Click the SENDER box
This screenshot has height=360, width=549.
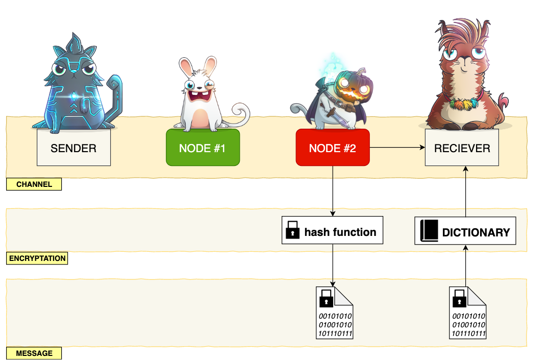tap(73, 148)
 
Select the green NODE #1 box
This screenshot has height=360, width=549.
tap(203, 148)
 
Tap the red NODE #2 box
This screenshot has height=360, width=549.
tap(333, 148)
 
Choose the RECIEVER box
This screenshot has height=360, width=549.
tap(462, 148)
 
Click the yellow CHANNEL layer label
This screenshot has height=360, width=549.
tap(34, 184)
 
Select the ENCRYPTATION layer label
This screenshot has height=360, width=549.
tap(37, 258)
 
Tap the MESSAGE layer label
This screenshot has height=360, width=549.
tap(34, 353)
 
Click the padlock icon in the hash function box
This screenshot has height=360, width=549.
tap(292, 230)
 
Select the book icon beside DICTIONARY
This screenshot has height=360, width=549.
tap(429, 231)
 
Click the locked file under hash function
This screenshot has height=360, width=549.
tap(335, 312)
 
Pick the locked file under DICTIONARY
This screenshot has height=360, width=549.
tap(467, 312)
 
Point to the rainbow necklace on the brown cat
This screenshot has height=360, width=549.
tap(461, 105)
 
